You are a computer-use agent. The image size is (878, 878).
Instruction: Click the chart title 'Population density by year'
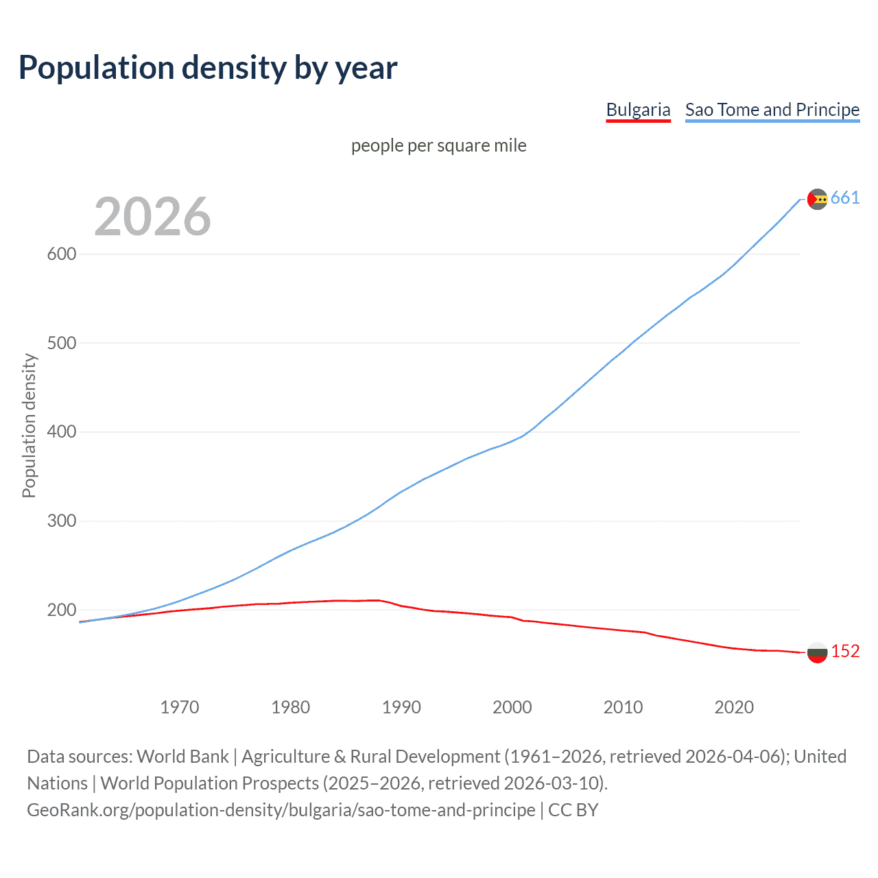(x=208, y=68)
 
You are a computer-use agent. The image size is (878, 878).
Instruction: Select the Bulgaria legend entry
(x=638, y=110)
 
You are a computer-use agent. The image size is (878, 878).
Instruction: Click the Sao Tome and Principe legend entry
(x=772, y=110)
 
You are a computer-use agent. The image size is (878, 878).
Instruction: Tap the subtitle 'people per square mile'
(x=438, y=145)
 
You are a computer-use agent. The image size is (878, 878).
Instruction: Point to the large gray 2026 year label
(x=152, y=217)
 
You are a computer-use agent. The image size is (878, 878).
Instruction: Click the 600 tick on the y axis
(x=62, y=254)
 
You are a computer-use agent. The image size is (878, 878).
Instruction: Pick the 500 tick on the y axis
(x=62, y=343)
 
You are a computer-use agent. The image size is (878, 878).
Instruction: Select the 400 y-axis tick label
(x=62, y=432)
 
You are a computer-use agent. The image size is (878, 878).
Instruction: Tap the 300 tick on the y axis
(x=62, y=521)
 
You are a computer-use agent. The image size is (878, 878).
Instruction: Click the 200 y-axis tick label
(x=62, y=610)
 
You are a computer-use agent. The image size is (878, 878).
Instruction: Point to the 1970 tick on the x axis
(x=180, y=707)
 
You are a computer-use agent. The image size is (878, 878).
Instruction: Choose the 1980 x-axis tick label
(x=290, y=707)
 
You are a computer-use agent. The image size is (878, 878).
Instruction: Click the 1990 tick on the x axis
(x=401, y=707)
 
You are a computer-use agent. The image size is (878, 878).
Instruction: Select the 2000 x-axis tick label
(x=512, y=707)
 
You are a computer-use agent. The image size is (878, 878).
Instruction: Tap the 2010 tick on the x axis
(x=623, y=707)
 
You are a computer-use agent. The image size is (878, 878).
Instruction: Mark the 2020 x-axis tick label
(x=734, y=707)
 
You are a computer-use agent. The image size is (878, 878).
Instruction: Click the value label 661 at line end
(x=845, y=198)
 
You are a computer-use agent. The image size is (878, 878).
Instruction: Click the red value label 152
(x=845, y=651)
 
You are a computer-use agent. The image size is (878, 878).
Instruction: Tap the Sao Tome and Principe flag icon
(x=818, y=199)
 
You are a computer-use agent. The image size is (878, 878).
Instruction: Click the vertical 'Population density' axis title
(x=29, y=425)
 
